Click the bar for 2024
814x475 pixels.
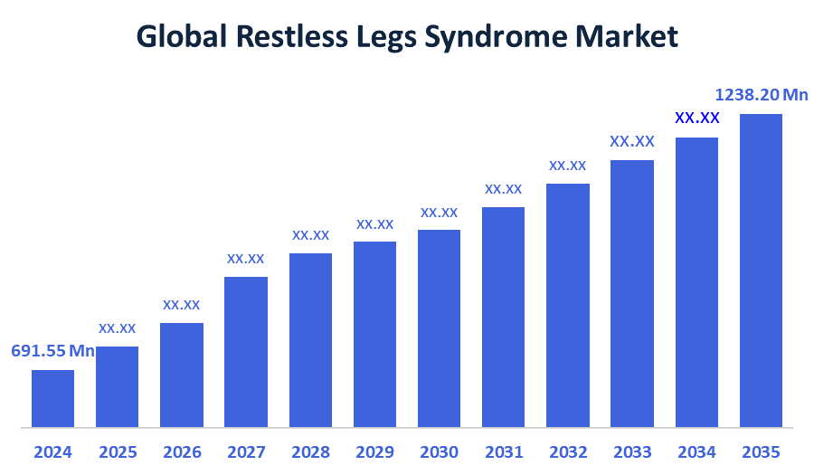tap(52, 398)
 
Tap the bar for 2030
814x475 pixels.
tap(439, 328)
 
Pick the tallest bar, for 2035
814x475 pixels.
tap(761, 270)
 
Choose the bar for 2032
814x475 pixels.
tap(568, 305)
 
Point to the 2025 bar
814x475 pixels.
tap(117, 386)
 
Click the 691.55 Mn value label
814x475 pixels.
tap(52, 351)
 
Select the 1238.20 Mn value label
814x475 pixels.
tap(761, 94)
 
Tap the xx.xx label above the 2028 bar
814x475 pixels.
tap(310, 235)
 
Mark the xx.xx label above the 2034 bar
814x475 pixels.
tap(696, 119)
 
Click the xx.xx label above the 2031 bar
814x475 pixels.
tap(503, 189)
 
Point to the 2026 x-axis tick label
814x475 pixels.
tap(182, 451)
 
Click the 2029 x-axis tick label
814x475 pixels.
tap(374, 451)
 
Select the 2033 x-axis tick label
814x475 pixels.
tap(632, 451)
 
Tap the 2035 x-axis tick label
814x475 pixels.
tap(761, 451)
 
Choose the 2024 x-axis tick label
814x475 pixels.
tap(52, 451)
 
